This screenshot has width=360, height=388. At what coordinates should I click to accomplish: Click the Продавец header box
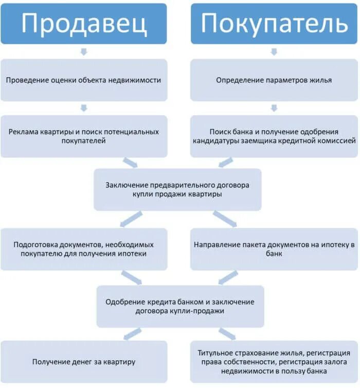point(84,23)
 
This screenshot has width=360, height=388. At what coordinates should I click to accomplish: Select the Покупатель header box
point(274,23)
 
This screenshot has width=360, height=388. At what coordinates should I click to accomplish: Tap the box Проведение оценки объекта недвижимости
point(84,80)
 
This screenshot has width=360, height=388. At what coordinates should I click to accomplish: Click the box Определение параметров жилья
point(274,80)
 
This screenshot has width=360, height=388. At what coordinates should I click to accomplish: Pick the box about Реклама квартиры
point(84,136)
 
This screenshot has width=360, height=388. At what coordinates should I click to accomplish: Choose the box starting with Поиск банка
point(274,136)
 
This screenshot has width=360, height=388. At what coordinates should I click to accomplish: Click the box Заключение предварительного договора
point(178,190)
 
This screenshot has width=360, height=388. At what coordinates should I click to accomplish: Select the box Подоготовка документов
point(84,249)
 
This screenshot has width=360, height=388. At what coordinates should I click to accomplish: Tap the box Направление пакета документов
point(274,249)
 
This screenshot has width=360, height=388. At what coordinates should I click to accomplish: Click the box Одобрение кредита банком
point(180,307)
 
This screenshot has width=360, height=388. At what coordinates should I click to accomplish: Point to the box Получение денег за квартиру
point(84,362)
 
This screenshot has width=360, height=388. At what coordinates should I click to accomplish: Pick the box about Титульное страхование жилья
point(274,362)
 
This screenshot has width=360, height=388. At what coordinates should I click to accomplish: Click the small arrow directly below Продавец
point(84,51)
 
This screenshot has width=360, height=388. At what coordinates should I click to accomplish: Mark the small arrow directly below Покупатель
point(274,51)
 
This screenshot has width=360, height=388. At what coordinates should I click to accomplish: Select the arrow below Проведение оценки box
point(84,108)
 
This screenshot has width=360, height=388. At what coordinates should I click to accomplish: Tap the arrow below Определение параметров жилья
point(274,108)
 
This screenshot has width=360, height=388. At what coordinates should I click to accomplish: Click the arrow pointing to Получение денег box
point(133,334)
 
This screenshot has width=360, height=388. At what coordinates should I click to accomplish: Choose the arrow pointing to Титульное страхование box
point(227,334)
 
